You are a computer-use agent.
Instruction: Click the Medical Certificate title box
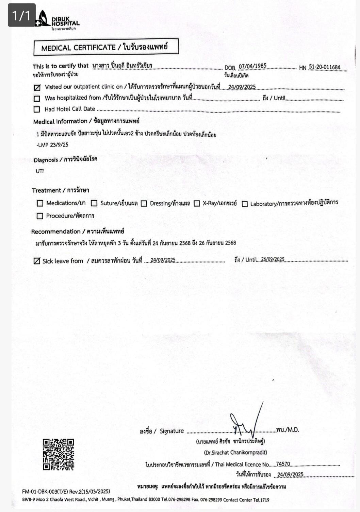coord(106,47)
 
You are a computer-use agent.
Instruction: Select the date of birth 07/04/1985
coord(252,66)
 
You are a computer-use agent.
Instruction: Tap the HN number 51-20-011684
coord(325,67)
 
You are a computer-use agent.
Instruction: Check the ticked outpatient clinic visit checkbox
coord(37,87)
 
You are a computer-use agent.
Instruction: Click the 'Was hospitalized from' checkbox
coord(37,99)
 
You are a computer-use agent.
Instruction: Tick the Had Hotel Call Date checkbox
coord(37,109)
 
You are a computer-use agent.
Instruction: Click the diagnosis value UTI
coord(40,171)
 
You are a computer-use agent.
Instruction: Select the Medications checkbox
coord(40,203)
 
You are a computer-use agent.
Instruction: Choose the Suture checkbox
coord(94,203)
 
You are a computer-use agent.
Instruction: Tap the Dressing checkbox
coord(144,203)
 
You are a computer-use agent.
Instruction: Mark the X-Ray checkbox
coord(197,203)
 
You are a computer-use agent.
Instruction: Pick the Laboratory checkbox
coord(245,204)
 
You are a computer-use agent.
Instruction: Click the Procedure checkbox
coord(40,216)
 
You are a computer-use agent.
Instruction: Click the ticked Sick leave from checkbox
coord(37,261)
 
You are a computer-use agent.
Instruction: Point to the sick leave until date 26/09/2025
coord(273,259)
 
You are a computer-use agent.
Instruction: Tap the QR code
coord(59,455)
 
